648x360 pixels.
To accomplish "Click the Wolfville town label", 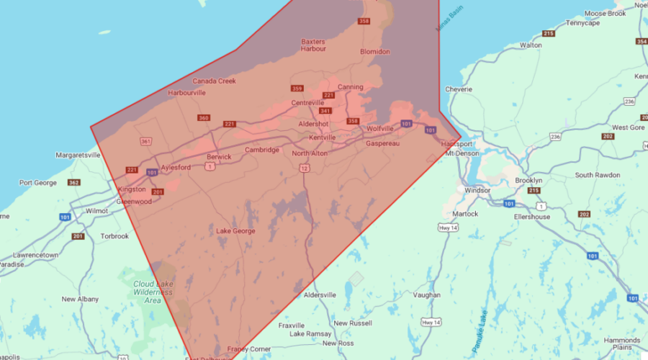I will [380, 128].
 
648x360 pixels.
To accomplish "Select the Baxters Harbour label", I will [313, 45].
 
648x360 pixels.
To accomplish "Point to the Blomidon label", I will [374, 52].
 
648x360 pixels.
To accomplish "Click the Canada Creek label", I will [214, 81].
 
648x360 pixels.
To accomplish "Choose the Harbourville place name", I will [187, 93].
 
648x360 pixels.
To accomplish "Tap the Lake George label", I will [235, 230].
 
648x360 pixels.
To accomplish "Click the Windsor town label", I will [477, 191].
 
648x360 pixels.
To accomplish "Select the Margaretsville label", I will [78, 155].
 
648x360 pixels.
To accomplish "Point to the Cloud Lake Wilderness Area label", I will [153, 292].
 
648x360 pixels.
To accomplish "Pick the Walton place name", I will [531, 45].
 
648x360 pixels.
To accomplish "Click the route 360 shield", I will [204, 118].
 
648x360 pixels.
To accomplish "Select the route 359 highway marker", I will [297, 88].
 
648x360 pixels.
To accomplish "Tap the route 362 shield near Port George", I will [73, 182].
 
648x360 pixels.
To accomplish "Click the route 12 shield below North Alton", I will [305, 168].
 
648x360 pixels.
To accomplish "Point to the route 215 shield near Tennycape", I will [549, 34].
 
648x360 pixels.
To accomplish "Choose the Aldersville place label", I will [320, 295].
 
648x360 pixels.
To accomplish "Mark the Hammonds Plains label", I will [622, 343].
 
